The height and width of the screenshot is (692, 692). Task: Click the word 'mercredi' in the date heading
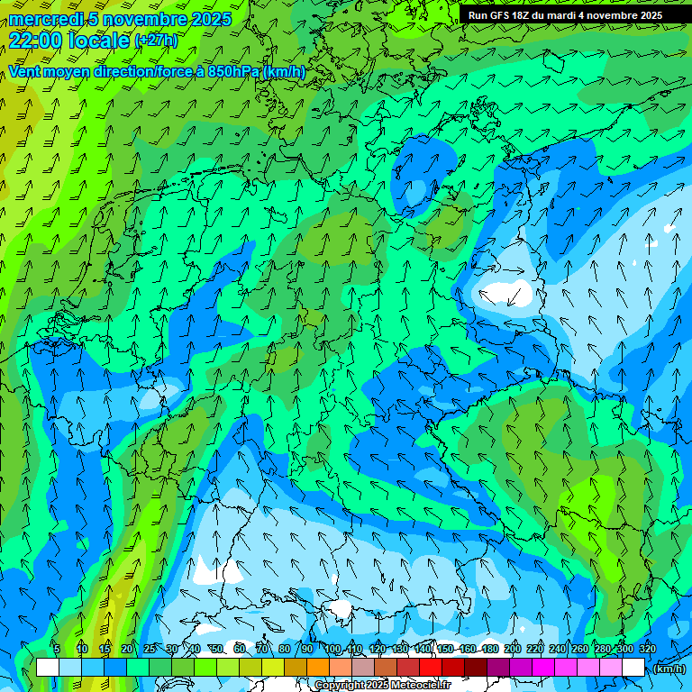point(46,19)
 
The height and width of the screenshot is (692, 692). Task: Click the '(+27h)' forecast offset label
point(156,41)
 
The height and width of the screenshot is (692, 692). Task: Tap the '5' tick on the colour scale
point(57,649)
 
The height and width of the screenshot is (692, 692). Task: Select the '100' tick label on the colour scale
point(332,649)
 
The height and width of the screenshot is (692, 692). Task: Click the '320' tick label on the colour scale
point(648,649)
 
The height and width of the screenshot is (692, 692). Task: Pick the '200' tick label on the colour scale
point(513,649)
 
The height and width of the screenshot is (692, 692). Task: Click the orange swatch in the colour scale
point(318,668)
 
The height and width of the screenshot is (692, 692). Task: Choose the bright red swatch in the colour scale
point(431,668)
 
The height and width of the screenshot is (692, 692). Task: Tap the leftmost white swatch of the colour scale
point(48,668)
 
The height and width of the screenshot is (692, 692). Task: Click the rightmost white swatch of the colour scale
point(633,668)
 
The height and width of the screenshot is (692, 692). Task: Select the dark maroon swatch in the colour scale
point(476,668)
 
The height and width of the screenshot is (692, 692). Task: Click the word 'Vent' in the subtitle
point(25,72)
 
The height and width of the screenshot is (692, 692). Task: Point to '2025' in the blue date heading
point(208,19)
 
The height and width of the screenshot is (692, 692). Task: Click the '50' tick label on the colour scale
point(217,649)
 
